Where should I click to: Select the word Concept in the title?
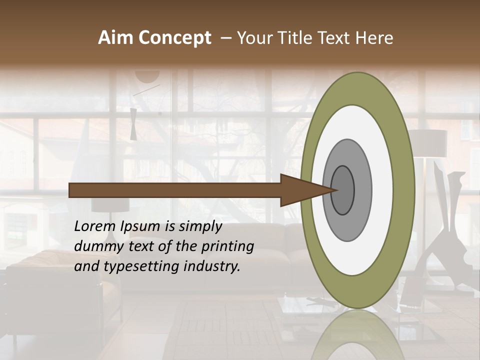click(x=175, y=38)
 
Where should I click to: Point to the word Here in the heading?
click(x=374, y=38)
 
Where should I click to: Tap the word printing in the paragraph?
click(x=227, y=246)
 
